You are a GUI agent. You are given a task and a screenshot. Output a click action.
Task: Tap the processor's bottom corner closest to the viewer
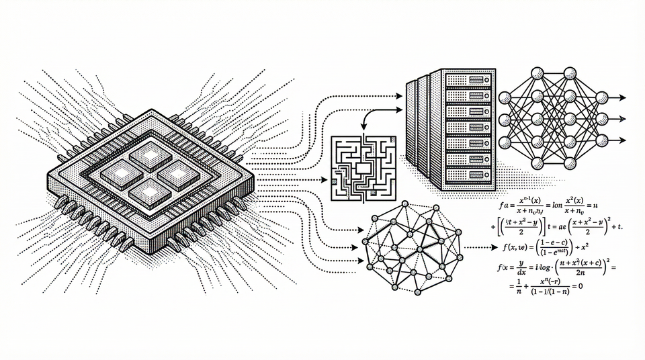coord(155,251)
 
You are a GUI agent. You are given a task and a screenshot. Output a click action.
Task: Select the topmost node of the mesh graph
coord(403,204)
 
